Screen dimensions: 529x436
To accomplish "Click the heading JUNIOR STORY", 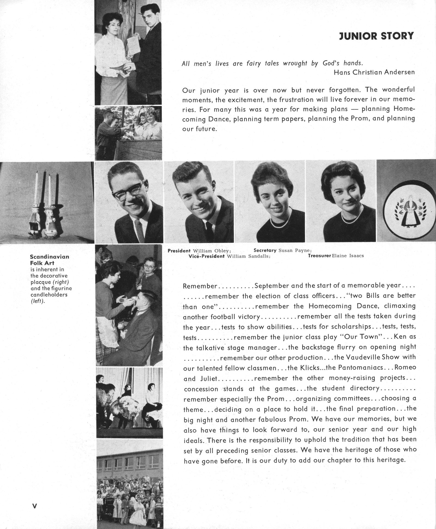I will (x=376, y=36).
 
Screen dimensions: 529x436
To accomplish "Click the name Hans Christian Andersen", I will (x=374, y=72).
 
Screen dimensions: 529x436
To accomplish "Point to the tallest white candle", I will (x=36, y=188).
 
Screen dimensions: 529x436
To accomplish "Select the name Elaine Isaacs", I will (x=348, y=256).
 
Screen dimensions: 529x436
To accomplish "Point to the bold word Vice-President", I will (x=207, y=256).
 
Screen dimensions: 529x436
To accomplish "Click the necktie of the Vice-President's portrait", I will (x=209, y=231).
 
